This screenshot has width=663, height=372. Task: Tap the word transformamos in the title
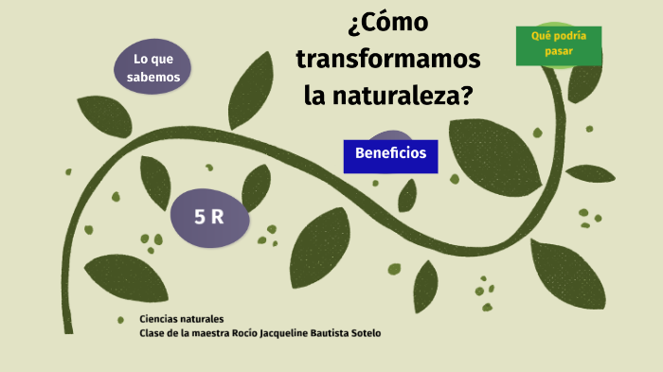coord(388,60)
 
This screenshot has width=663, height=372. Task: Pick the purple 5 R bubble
coord(209,217)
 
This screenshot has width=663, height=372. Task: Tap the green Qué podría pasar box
coord(558,44)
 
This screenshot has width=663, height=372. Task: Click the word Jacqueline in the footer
coord(287,333)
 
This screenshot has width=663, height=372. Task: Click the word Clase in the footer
coord(152,333)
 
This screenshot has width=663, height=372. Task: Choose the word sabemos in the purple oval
coord(153,78)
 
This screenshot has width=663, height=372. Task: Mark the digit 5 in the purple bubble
coord(200,217)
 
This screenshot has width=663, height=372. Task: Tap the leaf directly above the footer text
coord(126,277)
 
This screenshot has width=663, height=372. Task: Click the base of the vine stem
coord(69,322)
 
